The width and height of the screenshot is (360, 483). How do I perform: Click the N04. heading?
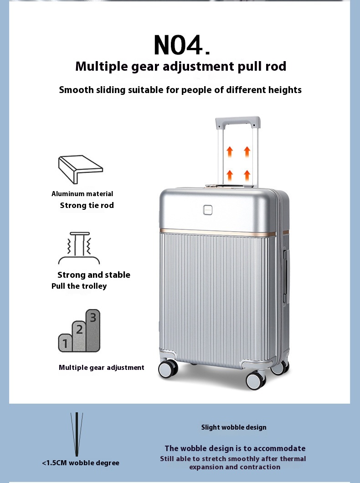click(x=181, y=45)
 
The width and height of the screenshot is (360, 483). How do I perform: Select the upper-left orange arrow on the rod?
click(x=230, y=152)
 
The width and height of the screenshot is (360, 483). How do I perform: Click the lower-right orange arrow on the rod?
click(x=247, y=175)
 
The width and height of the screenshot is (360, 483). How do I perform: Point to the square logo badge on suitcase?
click(x=208, y=210)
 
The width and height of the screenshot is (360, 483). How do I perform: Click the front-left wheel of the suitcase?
click(x=168, y=369)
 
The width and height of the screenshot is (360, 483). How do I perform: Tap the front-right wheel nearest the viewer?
click(x=256, y=380)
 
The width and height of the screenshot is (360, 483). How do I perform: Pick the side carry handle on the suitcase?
click(x=287, y=276)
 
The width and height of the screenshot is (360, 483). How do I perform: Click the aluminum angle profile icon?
click(x=81, y=169)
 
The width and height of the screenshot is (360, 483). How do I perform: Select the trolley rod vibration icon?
click(x=79, y=248)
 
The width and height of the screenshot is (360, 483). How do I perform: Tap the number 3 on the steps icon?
click(x=93, y=317)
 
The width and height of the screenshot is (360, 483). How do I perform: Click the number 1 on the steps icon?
click(x=65, y=343)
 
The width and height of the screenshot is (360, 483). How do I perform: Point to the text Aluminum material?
click(x=82, y=194)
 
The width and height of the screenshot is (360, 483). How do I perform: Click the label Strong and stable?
click(x=94, y=275)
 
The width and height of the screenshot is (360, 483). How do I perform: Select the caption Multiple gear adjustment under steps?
click(x=102, y=368)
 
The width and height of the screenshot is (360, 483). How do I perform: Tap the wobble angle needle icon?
click(x=77, y=434)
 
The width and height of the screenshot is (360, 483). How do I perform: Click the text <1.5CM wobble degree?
click(x=81, y=462)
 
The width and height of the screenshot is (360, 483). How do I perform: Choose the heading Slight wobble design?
click(x=234, y=427)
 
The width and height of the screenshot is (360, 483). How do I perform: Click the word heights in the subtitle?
click(x=285, y=90)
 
